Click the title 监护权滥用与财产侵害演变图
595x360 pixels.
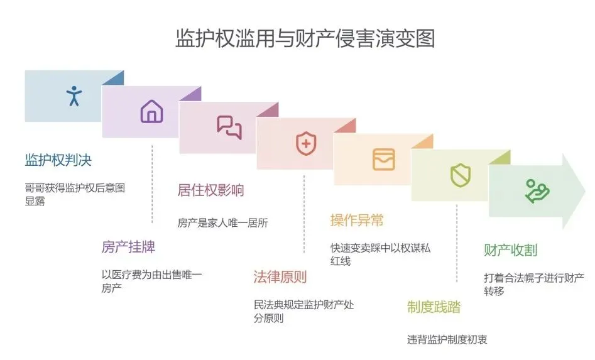(x=305, y=39)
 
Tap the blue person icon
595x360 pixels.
(x=74, y=95)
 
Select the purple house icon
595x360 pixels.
(x=151, y=112)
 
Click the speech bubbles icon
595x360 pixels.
(x=229, y=127)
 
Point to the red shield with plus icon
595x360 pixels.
(x=306, y=143)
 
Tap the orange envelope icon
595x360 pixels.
(x=383, y=159)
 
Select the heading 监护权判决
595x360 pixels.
(x=58, y=160)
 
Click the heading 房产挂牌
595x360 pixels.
(x=128, y=247)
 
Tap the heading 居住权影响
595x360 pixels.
(x=210, y=190)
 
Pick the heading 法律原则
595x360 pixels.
(x=280, y=277)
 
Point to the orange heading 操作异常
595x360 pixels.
(x=357, y=221)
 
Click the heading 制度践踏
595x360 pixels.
(x=434, y=307)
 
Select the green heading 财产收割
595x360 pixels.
(x=510, y=250)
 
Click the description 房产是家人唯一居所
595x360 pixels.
(x=222, y=222)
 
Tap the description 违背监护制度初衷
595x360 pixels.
(x=447, y=339)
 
